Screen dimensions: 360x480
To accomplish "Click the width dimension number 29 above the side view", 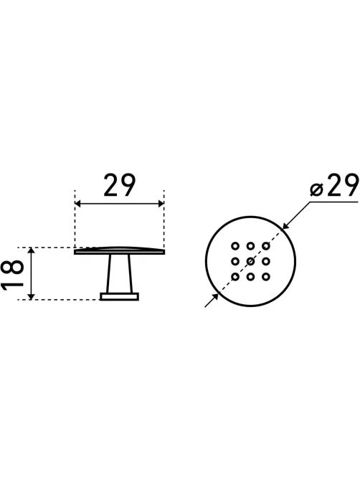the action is [119, 185].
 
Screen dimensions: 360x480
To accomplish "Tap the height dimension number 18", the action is [12, 273].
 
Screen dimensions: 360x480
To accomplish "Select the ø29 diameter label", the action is [333, 185].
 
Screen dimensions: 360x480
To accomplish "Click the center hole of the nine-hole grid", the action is [250, 261].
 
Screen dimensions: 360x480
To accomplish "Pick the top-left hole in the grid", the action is [235, 246].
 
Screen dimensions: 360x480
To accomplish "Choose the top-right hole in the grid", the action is [266, 246].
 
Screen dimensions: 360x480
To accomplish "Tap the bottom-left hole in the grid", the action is [235, 277].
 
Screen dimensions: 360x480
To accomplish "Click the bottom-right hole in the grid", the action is [266, 277].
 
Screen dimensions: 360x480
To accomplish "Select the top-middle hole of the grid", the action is [250, 246].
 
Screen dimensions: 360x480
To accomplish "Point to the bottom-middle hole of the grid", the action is [250, 277].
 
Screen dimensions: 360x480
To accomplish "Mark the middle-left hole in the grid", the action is [235, 261].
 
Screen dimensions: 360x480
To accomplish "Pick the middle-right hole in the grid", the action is [266, 261].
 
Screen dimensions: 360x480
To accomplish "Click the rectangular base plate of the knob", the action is [120, 296].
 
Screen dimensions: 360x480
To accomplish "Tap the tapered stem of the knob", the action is [119, 273].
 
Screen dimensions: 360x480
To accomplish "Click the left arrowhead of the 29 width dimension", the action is [78, 204].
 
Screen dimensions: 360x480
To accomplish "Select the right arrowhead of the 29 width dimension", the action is [161, 204].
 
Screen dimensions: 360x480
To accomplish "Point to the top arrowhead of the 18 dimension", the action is [31, 250].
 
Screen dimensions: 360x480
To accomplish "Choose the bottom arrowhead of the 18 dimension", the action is [31, 296].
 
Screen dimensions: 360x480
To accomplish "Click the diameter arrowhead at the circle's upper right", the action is [285, 226].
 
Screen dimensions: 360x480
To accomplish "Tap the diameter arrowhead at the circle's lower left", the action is [215, 296].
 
